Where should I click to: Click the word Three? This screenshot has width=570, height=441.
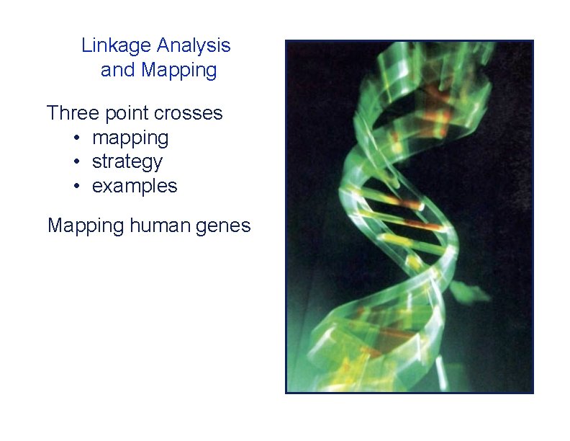(x=73, y=113)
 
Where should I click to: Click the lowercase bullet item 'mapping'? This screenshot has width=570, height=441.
(x=130, y=138)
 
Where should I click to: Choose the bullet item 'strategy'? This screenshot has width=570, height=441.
(x=127, y=162)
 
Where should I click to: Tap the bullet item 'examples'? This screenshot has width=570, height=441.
(x=135, y=186)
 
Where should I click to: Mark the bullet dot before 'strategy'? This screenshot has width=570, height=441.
(x=76, y=162)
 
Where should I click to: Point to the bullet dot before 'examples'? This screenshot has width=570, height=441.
(x=76, y=187)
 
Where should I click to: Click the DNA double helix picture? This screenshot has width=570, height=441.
(x=410, y=216)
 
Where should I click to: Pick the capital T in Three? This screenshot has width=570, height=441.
(x=53, y=113)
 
